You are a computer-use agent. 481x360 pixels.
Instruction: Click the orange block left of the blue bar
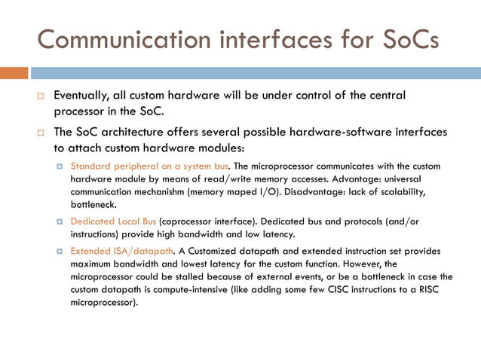(14, 73)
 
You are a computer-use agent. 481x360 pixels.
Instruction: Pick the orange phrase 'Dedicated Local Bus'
(113, 221)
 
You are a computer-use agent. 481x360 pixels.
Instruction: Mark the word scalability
(400, 191)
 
